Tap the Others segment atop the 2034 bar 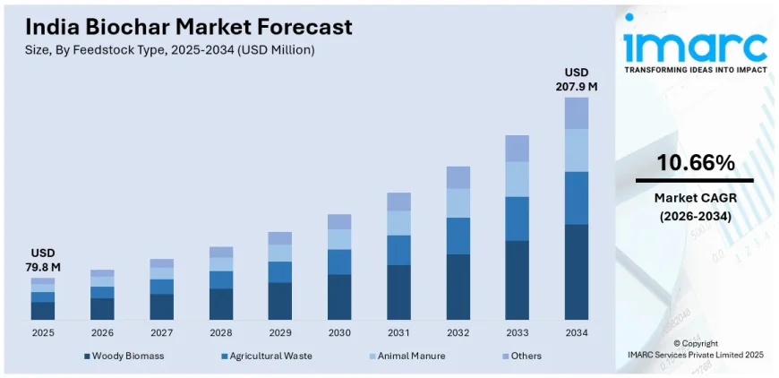pos(577,113)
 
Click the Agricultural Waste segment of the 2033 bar pos(517,219)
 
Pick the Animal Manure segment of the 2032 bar pos(458,202)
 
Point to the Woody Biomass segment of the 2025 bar pos(43,310)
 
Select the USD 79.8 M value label pos(43,260)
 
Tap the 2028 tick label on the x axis pos(220,332)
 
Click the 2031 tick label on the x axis pos(398,332)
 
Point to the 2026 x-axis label pos(102,332)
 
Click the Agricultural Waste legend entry pos(265,356)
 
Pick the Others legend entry pos(521,356)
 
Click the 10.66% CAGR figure pos(695,163)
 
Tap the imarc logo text pos(695,45)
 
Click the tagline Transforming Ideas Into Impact pos(695,70)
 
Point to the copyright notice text pos(695,348)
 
